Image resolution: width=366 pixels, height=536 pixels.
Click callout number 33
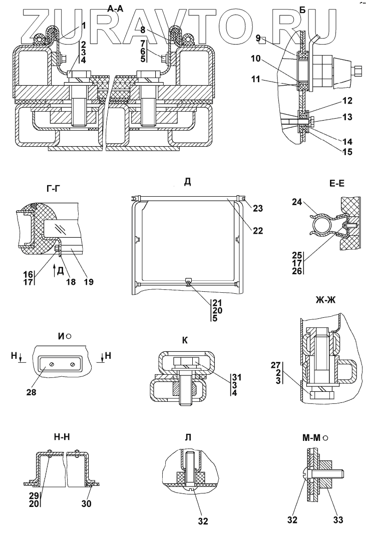pos(338,520)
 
